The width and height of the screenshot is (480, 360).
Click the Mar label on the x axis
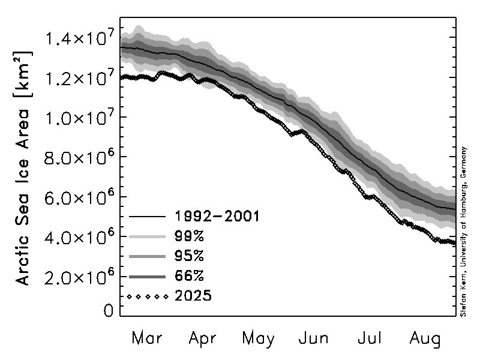click(x=146, y=338)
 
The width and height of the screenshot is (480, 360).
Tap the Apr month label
click(x=202, y=338)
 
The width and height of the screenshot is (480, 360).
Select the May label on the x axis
click(x=259, y=339)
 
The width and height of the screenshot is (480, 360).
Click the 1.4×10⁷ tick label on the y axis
click(x=77, y=39)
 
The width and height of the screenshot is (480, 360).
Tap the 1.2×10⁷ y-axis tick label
click(x=77, y=79)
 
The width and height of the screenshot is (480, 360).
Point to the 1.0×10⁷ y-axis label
click(x=77, y=118)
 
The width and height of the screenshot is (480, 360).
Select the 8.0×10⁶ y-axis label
click(x=77, y=158)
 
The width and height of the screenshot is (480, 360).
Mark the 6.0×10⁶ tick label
click(x=77, y=197)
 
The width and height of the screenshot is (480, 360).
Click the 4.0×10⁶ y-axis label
click(x=77, y=237)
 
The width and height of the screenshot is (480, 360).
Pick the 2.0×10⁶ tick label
click(x=77, y=277)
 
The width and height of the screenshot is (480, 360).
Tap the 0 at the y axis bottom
click(x=108, y=310)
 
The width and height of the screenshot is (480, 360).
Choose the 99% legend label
click(x=190, y=236)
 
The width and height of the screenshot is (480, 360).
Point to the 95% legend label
click(x=190, y=256)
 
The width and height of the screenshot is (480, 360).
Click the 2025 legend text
click(x=194, y=296)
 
